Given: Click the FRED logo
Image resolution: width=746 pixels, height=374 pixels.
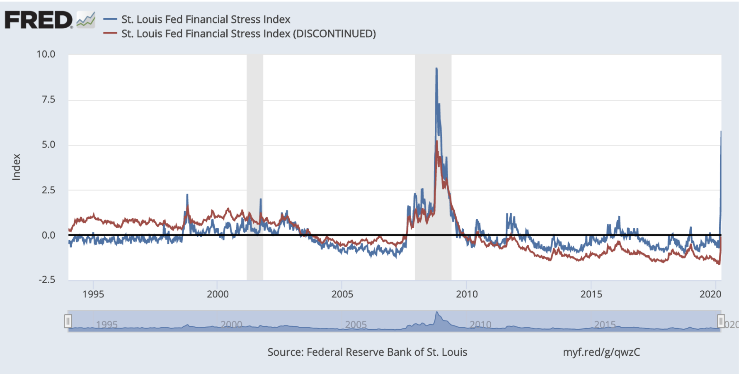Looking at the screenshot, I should tap(39, 20).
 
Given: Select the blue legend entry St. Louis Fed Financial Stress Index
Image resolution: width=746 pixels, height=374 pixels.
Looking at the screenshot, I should tap(206, 19).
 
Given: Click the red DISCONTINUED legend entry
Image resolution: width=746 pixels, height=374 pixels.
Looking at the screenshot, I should tap(248, 34).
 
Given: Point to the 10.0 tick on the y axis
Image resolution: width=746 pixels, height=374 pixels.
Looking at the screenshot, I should tap(46, 54).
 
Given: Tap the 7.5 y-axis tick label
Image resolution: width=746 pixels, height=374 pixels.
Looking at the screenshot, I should tap(48, 99).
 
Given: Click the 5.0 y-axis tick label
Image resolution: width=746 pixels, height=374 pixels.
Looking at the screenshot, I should tap(48, 145).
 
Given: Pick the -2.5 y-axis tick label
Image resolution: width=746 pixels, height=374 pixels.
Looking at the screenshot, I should tap(47, 280).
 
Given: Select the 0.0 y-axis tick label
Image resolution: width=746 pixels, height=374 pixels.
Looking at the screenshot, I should tap(48, 235).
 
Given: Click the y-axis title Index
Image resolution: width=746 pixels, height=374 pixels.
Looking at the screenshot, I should tap(16, 167).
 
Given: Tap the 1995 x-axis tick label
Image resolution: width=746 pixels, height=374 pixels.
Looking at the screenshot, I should tap(93, 294).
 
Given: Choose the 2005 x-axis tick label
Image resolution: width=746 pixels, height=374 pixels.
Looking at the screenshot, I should tap(342, 294).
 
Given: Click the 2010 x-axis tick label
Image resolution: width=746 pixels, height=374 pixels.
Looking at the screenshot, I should tap(467, 294).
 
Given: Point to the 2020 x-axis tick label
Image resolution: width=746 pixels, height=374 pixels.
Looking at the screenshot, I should tap(710, 294).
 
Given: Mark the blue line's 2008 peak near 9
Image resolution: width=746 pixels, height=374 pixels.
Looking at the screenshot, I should tap(436, 69).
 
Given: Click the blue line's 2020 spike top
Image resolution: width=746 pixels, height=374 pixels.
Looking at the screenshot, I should tap(721, 132).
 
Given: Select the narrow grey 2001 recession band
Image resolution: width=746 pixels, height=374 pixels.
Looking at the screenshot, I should tap(255, 166).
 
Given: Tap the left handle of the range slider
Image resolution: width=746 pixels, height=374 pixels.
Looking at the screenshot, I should tap(68, 321).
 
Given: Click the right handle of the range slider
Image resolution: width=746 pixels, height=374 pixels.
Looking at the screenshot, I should tap(721, 321).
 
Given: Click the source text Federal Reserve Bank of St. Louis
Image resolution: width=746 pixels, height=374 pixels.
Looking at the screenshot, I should tap(367, 352).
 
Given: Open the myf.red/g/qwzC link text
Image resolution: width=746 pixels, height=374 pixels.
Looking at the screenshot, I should tap(601, 352).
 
